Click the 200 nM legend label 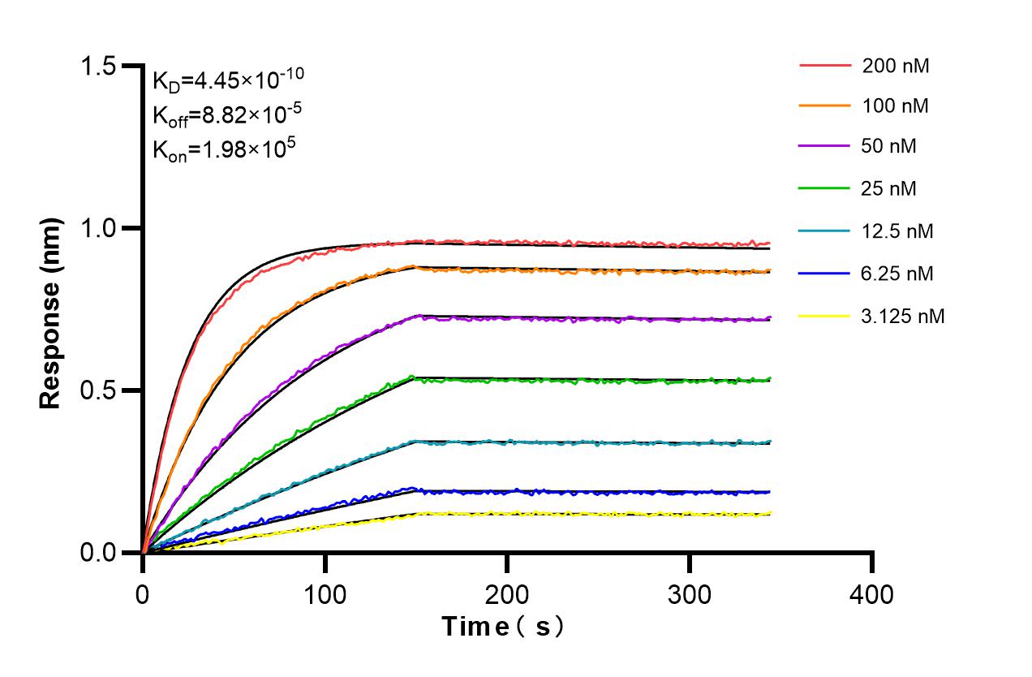point(896,66)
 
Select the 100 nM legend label point(896,106)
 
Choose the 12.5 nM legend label point(897,231)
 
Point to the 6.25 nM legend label point(897,274)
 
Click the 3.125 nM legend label point(902,316)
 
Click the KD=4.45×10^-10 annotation point(228,80)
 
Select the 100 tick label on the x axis point(325,594)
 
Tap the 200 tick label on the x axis point(507,594)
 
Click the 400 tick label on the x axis point(872,594)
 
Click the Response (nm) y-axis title point(51,309)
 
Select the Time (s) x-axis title point(502,627)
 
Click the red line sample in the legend point(825,65)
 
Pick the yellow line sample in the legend point(825,316)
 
